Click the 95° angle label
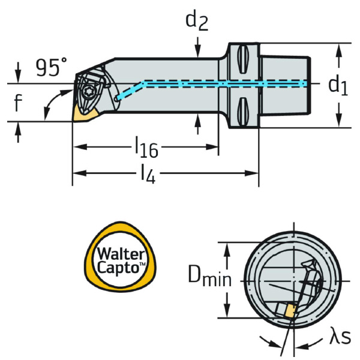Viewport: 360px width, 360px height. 50,67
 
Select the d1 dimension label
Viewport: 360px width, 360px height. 337,85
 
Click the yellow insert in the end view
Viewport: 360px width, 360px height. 290,311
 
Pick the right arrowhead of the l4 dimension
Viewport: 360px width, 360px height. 254,175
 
